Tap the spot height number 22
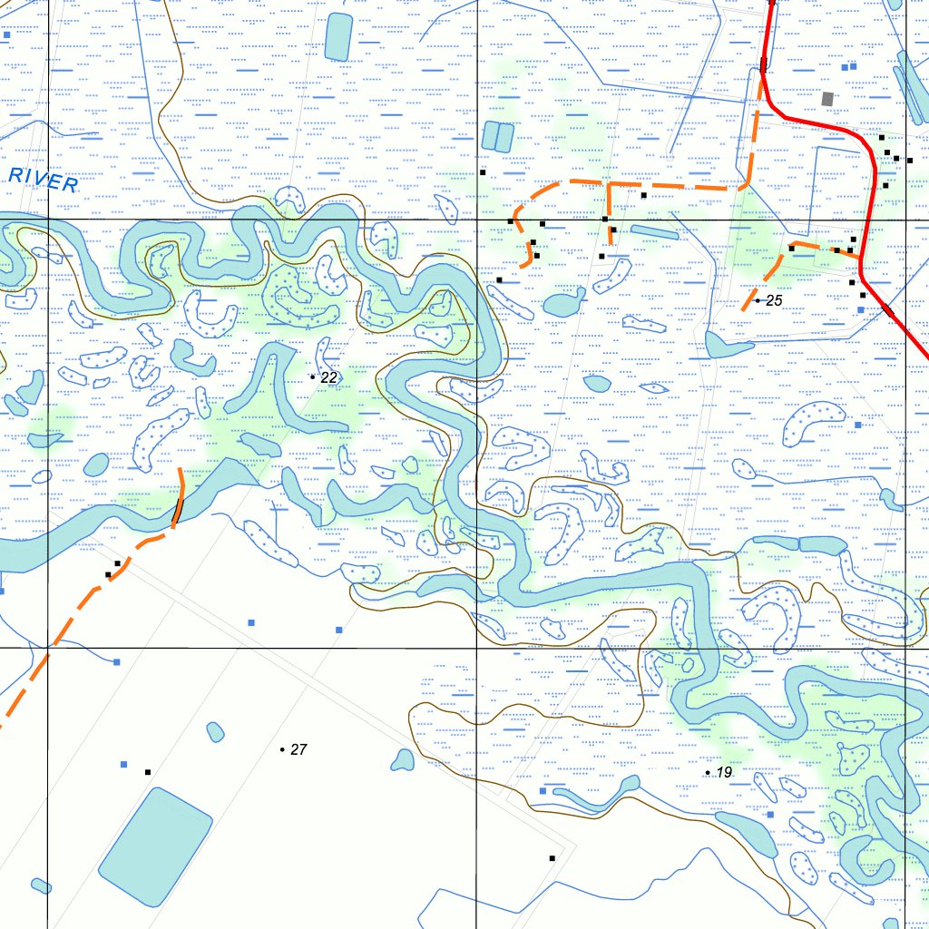(329, 376)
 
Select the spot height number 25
(774, 300)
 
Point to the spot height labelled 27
(299, 749)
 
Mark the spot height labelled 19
(724, 772)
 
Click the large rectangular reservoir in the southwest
(155, 846)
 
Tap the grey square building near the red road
(826, 98)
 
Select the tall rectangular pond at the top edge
(338, 37)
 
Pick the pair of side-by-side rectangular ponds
(497, 136)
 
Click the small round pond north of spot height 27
(215, 731)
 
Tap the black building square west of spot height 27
(148, 772)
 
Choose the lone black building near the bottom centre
(552, 857)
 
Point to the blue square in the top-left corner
(7, 34)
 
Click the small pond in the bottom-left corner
(41, 885)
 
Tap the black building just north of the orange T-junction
(643, 195)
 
